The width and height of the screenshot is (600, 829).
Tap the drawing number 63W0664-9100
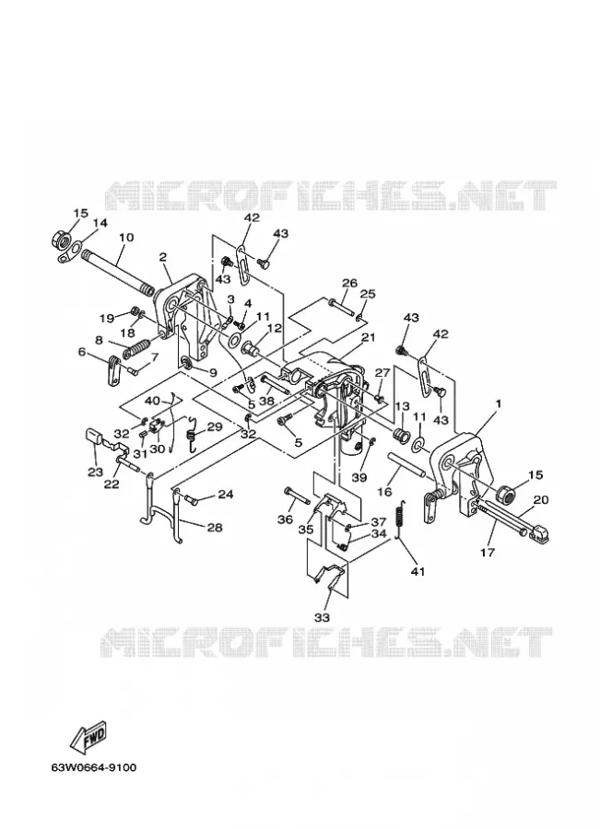click(x=94, y=767)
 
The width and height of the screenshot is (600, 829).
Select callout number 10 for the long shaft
click(x=127, y=237)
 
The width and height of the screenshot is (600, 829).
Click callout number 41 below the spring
click(x=418, y=571)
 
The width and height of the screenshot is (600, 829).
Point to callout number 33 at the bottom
click(x=322, y=617)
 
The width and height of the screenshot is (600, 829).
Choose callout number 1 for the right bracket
click(x=498, y=403)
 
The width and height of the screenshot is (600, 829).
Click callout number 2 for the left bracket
click(x=163, y=257)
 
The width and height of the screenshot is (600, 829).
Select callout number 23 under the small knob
click(x=95, y=472)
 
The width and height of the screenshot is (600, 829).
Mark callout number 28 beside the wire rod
click(x=215, y=527)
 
